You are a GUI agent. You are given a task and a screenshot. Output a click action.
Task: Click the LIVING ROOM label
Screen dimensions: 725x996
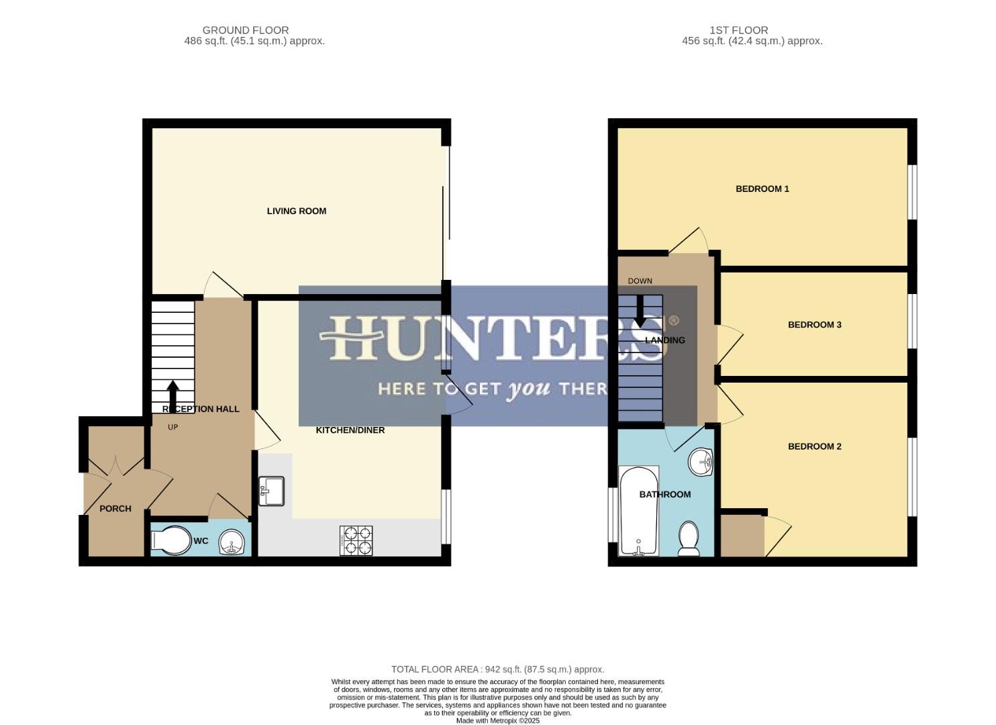point(297,211)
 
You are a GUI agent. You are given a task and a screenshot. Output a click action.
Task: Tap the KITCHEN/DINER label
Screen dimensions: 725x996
point(350,430)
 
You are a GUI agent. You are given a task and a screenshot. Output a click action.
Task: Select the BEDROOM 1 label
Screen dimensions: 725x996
point(762,189)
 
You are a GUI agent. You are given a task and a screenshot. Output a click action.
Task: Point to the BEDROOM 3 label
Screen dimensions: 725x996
point(815,325)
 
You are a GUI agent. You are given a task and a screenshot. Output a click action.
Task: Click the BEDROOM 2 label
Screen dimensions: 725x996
point(815,446)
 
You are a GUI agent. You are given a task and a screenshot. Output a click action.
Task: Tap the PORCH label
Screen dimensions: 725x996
point(115,509)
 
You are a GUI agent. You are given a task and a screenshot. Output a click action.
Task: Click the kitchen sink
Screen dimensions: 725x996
point(272,491)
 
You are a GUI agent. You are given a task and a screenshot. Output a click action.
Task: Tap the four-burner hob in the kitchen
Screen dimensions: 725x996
point(356,540)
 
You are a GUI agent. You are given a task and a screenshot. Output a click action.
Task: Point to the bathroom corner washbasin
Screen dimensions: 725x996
point(701,461)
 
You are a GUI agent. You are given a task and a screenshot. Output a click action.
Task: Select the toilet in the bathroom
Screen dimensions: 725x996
point(689,539)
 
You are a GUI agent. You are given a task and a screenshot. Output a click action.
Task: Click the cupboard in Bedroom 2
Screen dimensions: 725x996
point(742,536)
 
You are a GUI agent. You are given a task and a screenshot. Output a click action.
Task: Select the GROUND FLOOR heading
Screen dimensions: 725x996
point(246,30)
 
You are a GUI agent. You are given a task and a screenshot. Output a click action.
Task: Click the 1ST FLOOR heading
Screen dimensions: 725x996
point(739,30)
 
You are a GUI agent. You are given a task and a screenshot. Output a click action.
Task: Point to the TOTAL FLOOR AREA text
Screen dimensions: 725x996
point(498,669)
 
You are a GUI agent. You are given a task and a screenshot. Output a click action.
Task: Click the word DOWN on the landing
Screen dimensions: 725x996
point(640,281)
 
